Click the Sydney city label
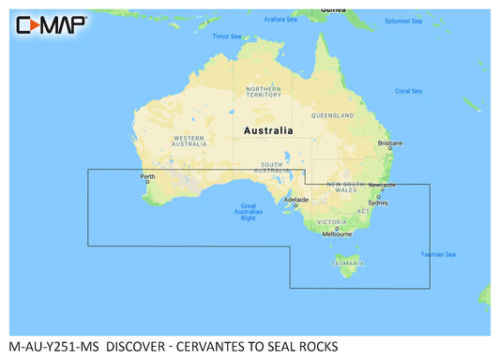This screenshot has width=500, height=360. tap(378, 202)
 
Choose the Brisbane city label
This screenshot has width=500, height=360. tap(389, 143)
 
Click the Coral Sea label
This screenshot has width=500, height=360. tap(408, 91)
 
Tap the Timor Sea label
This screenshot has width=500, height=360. tap(227, 37)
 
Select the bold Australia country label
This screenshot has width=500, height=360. tap(267, 131)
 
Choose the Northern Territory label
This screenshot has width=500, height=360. tap(264, 91)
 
